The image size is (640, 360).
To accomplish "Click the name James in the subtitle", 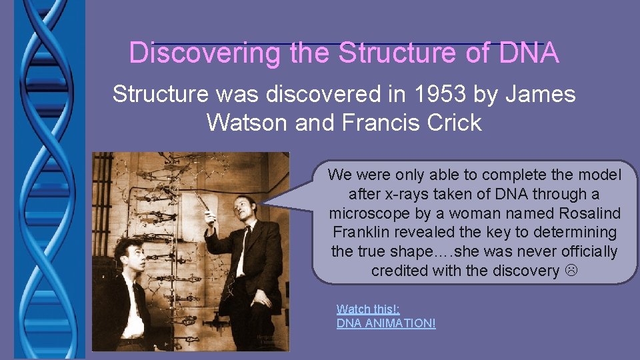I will click(540, 94).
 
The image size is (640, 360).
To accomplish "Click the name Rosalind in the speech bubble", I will click(587, 213).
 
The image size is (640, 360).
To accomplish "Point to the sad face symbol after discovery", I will click(570, 271).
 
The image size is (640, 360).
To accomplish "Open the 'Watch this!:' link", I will click(368, 309).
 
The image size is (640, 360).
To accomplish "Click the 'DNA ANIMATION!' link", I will click(386, 323).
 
